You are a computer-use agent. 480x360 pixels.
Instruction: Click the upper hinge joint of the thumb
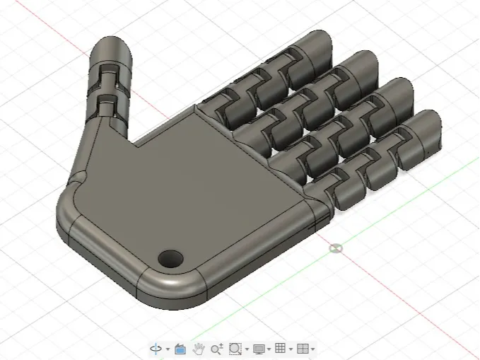[107, 73]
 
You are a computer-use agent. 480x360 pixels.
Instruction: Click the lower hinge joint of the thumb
[107, 104]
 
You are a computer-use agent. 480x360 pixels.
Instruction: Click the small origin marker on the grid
[336, 248]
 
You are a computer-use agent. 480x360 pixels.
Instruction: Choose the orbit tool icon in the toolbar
[156, 349]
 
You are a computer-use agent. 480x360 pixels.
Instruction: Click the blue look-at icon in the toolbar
[180, 349]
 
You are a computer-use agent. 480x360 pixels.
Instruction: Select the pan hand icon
[199, 349]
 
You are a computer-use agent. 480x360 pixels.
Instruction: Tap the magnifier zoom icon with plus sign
[217, 349]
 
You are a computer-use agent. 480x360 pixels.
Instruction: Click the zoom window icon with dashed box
[236, 349]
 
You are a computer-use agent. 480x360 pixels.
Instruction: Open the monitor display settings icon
[259, 349]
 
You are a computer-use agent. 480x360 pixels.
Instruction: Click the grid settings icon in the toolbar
[280, 349]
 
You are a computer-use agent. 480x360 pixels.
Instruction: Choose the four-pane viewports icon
[303, 349]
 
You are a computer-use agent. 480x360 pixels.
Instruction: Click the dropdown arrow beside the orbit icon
[168, 349]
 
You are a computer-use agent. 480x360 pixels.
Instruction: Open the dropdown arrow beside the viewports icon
[313, 349]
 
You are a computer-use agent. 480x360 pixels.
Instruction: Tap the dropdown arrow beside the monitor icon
[269, 349]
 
